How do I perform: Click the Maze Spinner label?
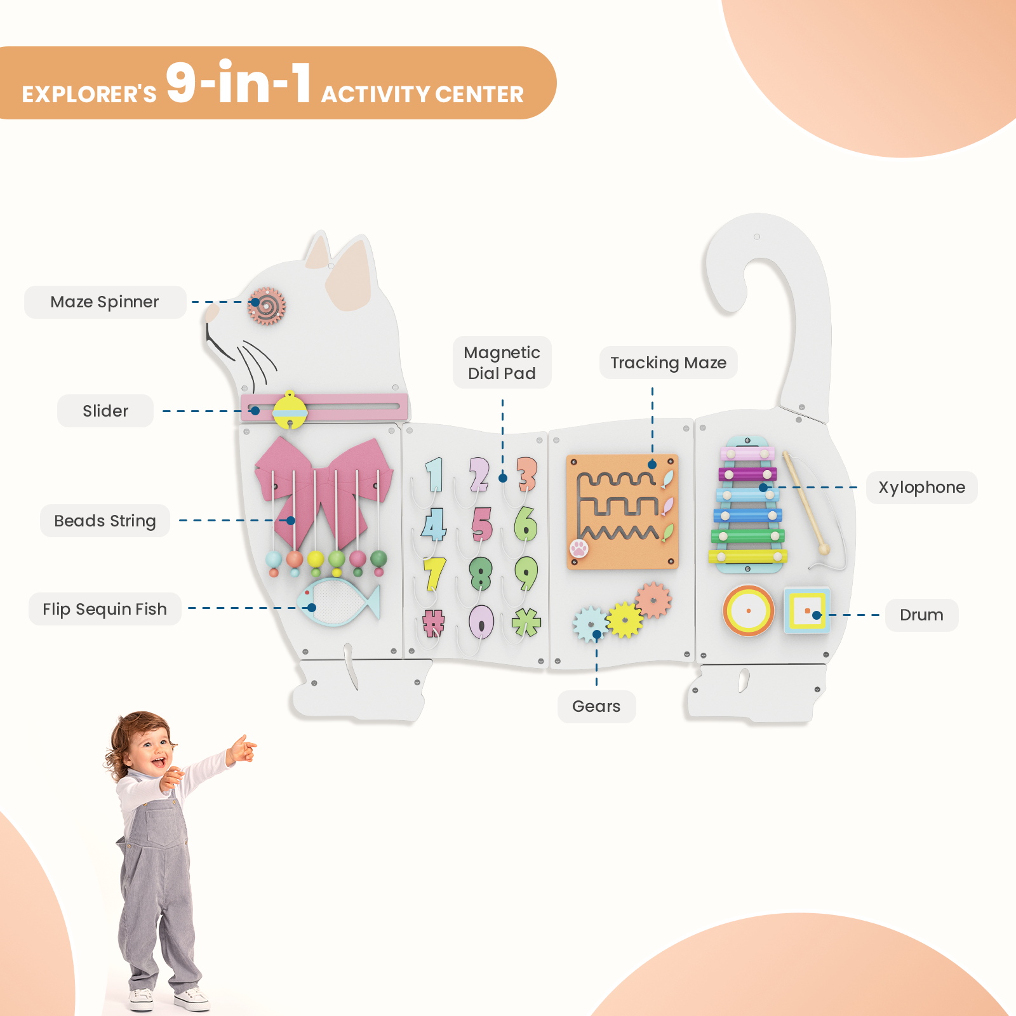105,302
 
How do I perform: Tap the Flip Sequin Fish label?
105,610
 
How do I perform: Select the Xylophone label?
921,488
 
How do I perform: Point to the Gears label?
596,707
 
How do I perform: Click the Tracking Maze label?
668,363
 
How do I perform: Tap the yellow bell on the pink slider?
290,410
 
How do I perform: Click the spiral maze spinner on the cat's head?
267,306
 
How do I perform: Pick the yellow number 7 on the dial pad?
434,573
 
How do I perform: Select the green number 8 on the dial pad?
481,573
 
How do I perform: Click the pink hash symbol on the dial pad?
434,623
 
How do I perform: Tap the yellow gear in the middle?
625,620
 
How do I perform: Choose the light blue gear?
590,624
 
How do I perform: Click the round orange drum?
749,611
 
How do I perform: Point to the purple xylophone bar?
747,474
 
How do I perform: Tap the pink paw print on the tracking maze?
579,548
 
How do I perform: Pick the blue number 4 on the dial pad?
434,525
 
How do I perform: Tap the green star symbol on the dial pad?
526,622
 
